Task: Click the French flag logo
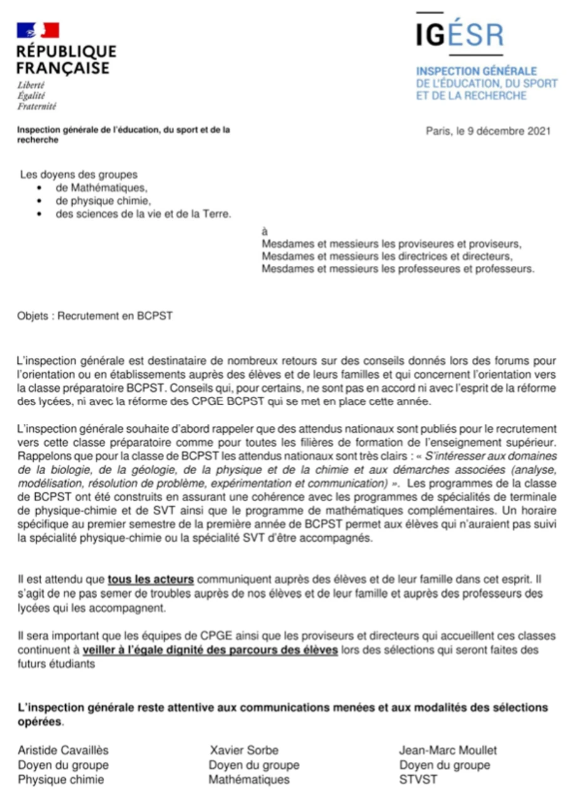pyautogui.click(x=38, y=30)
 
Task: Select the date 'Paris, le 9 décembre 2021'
pyautogui.click(x=488, y=131)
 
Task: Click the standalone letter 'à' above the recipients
pyautogui.click(x=264, y=231)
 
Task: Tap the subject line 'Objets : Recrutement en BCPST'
pyautogui.click(x=95, y=316)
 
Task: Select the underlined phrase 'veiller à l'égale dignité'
pyautogui.click(x=211, y=650)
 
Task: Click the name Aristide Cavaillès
pyautogui.click(x=63, y=750)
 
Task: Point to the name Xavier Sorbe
pyautogui.click(x=244, y=750)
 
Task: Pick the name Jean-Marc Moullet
pyautogui.click(x=447, y=750)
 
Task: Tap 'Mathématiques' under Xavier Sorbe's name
pyautogui.click(x=249, y=780)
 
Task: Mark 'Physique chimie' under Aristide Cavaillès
pyautogui.click(x=61, y=780)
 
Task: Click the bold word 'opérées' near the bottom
pyautogui.click(x=40, y=721)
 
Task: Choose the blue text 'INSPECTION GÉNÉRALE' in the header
pyautogui.click(x=476, y=71)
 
